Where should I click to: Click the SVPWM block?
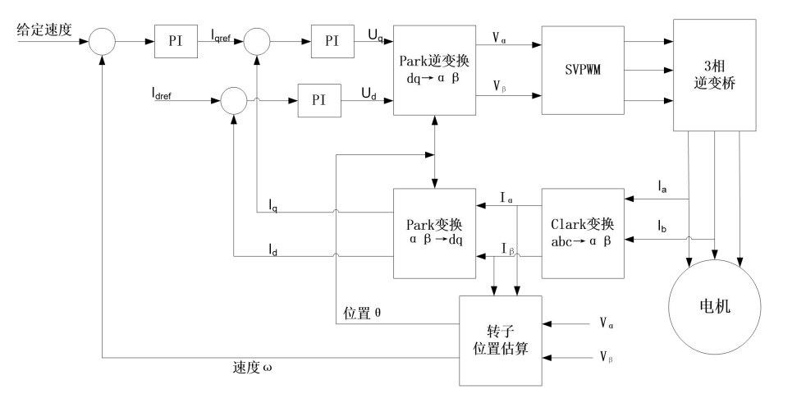point(583,71)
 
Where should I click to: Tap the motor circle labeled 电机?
point(715,308)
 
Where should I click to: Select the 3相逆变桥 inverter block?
point(715,75)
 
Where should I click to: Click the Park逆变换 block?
point(434,71)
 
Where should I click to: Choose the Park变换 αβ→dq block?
point(434,233)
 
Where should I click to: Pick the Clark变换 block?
point(583,233)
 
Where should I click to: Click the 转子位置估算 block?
point(500,341)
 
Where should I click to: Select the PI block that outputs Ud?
point(319,101)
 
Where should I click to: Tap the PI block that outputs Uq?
point(332,41)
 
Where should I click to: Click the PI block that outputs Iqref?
point(176,41)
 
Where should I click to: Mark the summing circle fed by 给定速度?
point(102,41)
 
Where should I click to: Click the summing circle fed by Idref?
point(234,101)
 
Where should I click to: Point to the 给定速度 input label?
point(44,30)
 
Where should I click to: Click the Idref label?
point(162,93)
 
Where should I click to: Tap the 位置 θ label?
point(362,313)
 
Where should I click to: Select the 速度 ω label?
point(252,368)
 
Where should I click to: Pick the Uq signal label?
point(376,35)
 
